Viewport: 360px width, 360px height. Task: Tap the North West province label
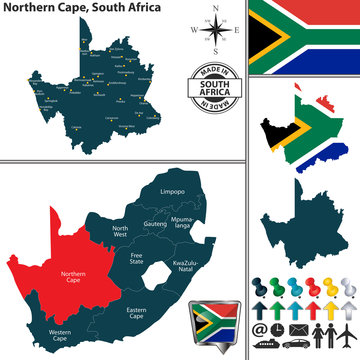[x=120, y=231]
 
